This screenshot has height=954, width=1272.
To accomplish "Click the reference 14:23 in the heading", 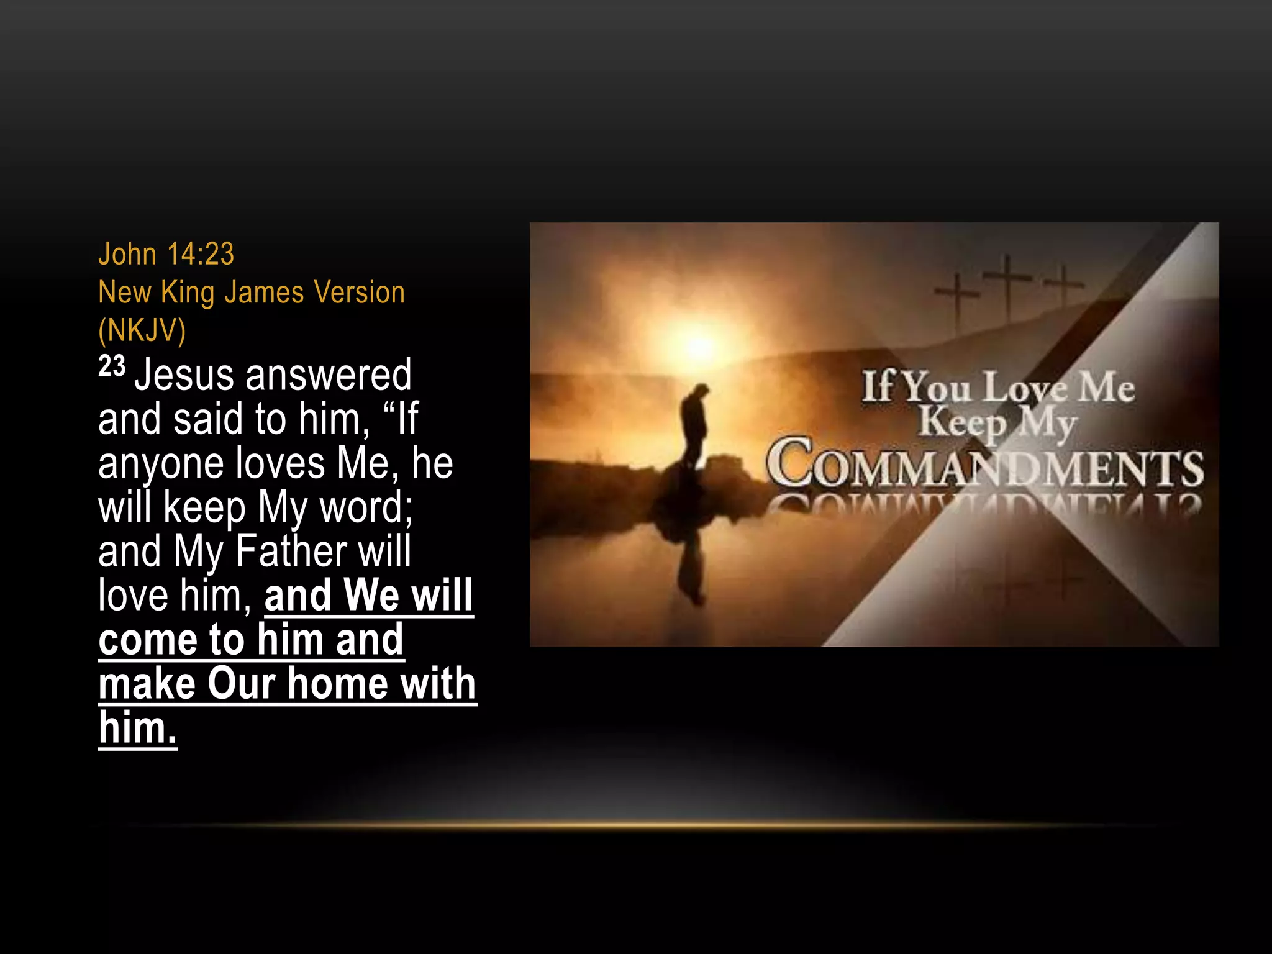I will (x=201, y=254).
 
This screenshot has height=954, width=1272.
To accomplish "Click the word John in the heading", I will (x=127, y=254).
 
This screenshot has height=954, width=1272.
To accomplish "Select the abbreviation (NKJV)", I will (x=142, y=330).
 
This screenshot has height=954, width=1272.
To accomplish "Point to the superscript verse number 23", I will (x=112, y=366).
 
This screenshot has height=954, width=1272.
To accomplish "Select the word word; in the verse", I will (x=366, y=507).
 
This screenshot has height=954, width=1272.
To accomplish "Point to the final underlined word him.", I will (x=137, y=728).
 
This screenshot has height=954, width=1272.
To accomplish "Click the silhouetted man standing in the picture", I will (x=694, y=429).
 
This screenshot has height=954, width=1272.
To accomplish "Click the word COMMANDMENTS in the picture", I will (x=984, y=465).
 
